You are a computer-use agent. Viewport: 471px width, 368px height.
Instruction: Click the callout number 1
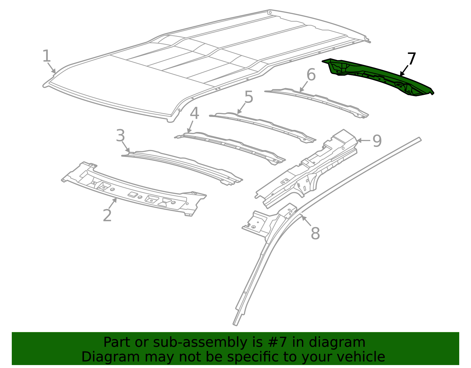(x=47, y=56)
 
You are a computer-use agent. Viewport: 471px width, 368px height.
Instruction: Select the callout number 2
(x=107, y=215)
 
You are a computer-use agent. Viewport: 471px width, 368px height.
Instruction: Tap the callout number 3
(x=120, y=136)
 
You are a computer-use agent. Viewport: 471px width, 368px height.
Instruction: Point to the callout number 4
(x=194, y=114)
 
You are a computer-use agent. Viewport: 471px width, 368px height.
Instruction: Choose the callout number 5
(x=249, y=97)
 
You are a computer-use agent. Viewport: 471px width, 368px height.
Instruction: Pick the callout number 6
(x=311, y=75)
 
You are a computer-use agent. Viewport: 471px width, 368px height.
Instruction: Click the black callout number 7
(x=411, y=59)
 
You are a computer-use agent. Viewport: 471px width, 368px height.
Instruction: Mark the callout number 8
(x=315, y=234)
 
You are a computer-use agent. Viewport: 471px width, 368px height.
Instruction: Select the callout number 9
(x=377, y=141)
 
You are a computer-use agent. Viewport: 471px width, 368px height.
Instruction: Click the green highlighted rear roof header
(x=380, y=76)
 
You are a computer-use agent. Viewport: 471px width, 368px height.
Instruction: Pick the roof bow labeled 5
(x=262, y=125)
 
